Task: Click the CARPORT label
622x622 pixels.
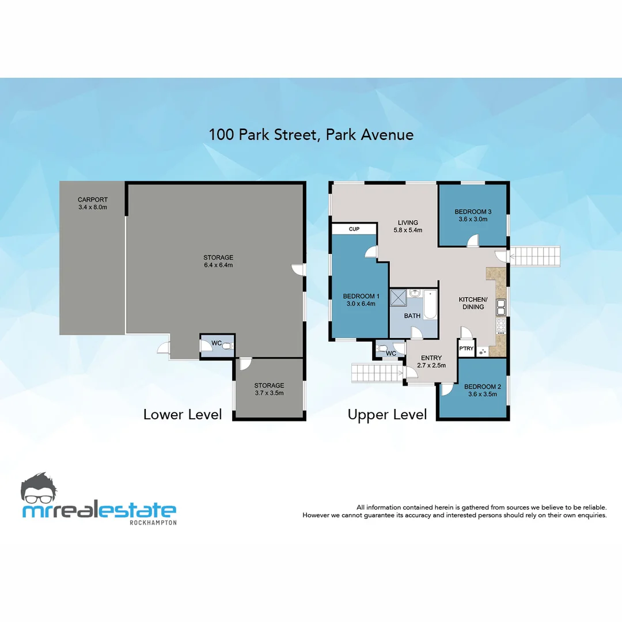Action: pos(93,200)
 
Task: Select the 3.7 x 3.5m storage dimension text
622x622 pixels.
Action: pos(269,393)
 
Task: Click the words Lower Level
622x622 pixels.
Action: pos(183,415)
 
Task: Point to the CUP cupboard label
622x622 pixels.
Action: pos(354,229)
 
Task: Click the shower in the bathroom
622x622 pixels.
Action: pos(398,297)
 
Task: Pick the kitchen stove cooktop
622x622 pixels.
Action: pos(501,326)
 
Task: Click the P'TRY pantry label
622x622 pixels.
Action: pos(466,348)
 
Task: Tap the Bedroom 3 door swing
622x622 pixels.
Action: pos(473,241)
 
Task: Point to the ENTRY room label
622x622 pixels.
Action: pos(431,358)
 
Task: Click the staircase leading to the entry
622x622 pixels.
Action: pos(376,373)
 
